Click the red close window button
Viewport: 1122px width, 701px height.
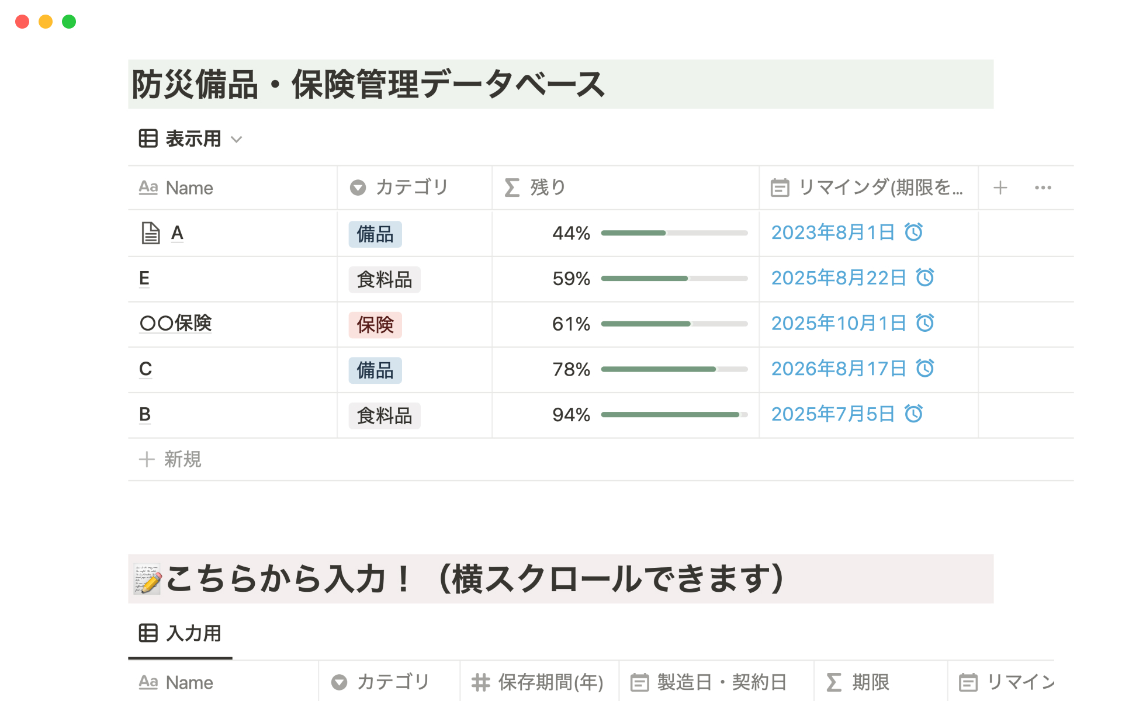pos(22,22)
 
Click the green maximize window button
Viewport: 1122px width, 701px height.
pos(69,22)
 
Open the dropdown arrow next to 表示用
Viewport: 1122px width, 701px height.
pos(237,140)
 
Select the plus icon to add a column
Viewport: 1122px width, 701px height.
pos(1000,188)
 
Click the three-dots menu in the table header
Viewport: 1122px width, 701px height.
pos(1043,188)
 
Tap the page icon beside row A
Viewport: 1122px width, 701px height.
pos(151,233)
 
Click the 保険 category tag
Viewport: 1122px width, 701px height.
pos(375,325)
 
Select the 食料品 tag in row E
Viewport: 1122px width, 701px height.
pos(384,279)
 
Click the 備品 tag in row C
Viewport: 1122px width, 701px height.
pos(375,370)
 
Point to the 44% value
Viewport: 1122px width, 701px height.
pos(571,233)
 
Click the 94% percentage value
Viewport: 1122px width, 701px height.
pos(571,415)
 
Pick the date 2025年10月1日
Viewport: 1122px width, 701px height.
pos(838,323)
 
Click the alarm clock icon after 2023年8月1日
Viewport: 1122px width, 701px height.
pos(913,232)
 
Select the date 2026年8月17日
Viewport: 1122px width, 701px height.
pos(838,369)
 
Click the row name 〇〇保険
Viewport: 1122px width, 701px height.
pos(175,323)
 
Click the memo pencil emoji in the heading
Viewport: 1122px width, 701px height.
pos(147,579)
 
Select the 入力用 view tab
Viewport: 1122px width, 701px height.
pos(181,633)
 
